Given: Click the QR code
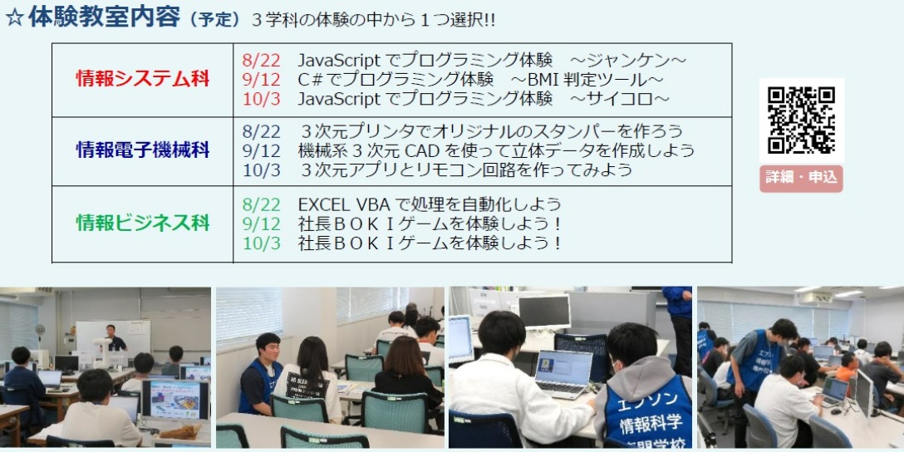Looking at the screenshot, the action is click(x=801, y=120).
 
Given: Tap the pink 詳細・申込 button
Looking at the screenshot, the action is click(x=801, y=178).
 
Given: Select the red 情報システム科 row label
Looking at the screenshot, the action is click(x=142, y=79).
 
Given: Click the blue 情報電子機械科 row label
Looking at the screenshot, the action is click(x=142, y=150).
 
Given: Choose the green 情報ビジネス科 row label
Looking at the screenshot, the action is click(x=142, y=224).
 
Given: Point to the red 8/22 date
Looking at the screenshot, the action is click(x=261, y=60).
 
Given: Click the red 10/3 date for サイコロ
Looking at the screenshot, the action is click(x=261, y=99).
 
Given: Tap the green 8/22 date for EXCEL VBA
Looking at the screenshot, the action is click(x=261, y=204).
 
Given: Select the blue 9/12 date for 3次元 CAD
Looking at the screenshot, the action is click(x=261, y=151).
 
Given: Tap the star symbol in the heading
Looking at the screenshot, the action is click(x=14, y=18).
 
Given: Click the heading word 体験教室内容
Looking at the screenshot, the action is click(x=105, y=17).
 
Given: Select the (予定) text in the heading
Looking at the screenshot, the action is click(x=216, y=20).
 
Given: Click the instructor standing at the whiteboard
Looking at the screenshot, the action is click(x=115, y=339).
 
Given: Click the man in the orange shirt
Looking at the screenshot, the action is click(x=847, y=369).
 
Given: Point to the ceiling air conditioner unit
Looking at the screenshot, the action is click(x=817, y=297).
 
